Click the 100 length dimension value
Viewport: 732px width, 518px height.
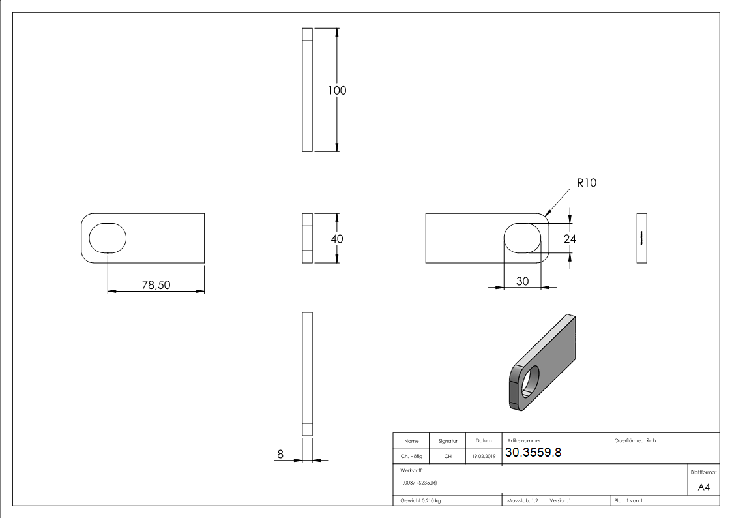pos(337,91)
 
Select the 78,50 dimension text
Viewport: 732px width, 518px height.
pos(156,284)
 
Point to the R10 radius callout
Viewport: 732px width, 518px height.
pos(587,183)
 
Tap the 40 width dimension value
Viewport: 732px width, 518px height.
pos(337,239)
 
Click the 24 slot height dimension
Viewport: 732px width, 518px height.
pos(570,239)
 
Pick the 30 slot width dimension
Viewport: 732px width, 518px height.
pos(522,281)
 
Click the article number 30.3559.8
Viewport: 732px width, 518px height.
pos(533,453)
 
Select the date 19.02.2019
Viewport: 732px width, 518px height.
pos(484,457)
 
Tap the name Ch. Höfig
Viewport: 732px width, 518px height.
pos(411,457)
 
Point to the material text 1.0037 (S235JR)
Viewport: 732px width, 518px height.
pos(419,482)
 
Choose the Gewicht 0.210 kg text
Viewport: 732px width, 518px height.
pos(420,500)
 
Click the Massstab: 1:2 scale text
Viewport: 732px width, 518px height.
pos(522,500)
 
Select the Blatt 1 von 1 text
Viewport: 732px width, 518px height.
pos(628,500)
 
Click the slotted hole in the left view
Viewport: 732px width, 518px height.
pos(108,238)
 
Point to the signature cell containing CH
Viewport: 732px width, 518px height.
pos(448,457)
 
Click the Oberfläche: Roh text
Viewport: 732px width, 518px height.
pos(635,440)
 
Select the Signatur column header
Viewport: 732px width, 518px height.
pos(448,441)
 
